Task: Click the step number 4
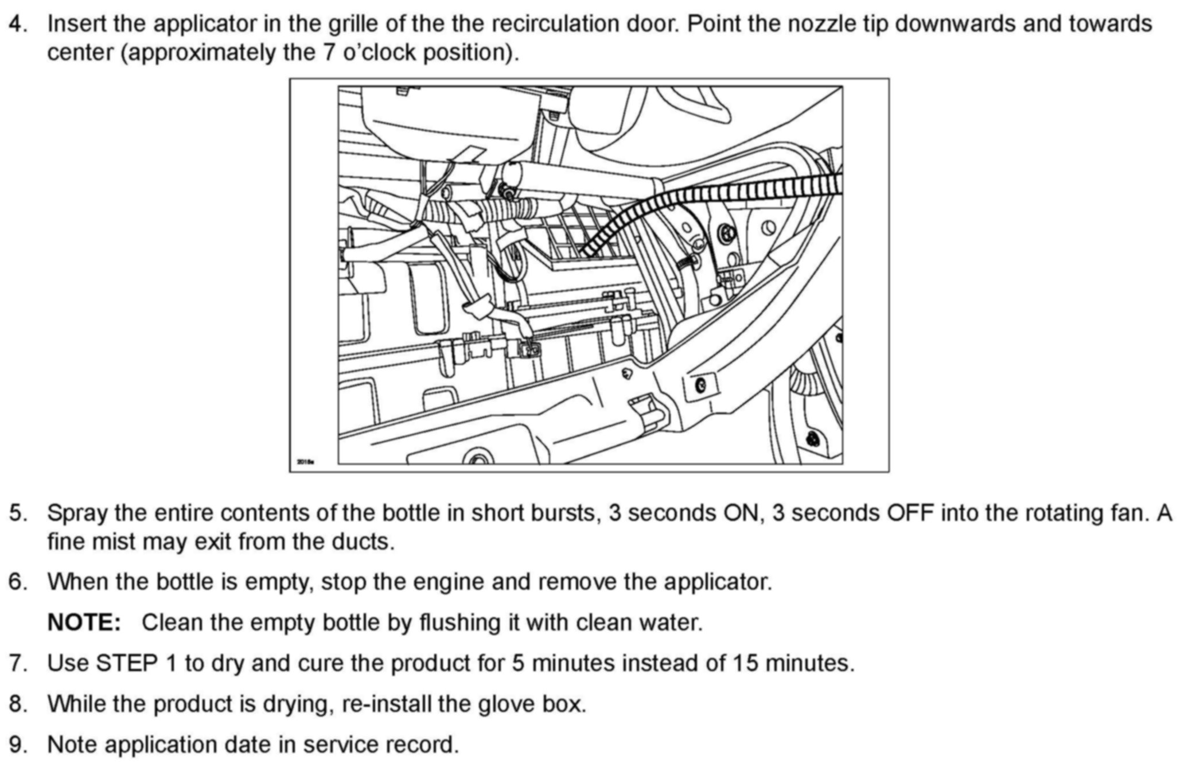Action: coord(17,25)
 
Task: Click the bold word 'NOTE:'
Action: coord(84,623)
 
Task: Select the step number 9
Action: coord(17,745)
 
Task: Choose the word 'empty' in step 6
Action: coord(278,582)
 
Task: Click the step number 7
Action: coord(17,664)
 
